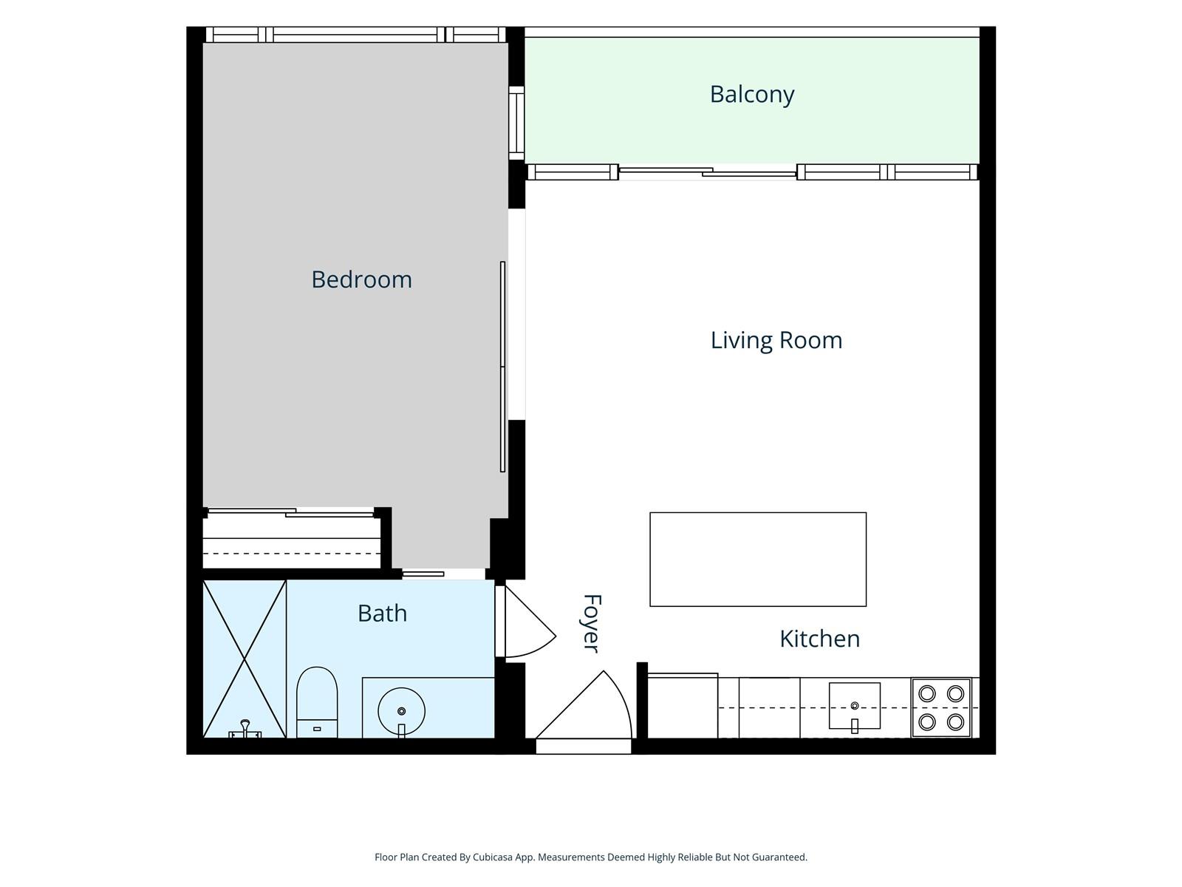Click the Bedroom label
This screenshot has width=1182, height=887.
click(361, 279)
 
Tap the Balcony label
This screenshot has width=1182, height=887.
click(752, 95)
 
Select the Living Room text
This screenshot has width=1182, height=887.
click(776, 340)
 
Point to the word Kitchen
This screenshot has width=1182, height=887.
click(819, 639)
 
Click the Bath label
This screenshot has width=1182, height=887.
click(383, 614)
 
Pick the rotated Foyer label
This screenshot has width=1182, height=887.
click(592, 623)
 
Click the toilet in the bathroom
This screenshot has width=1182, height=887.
click(317, 702)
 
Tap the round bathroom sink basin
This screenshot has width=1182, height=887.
click(401, 711)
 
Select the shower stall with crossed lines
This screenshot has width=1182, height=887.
click(245, 659)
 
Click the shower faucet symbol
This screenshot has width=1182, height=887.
click(245, 729)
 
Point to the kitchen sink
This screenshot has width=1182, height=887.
click(854, 706)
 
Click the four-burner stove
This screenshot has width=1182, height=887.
click(940, 707)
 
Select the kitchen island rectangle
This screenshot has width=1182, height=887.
click(758, 560)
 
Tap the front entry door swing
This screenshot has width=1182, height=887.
click(584, 711)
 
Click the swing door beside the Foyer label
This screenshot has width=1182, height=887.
click(525, 622)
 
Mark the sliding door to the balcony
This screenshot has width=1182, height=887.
click(708, 172)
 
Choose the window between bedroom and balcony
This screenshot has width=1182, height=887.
click(516, 123)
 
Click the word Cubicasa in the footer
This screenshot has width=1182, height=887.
click(493, 857)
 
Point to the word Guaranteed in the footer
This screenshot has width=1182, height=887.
click(779, 857)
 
